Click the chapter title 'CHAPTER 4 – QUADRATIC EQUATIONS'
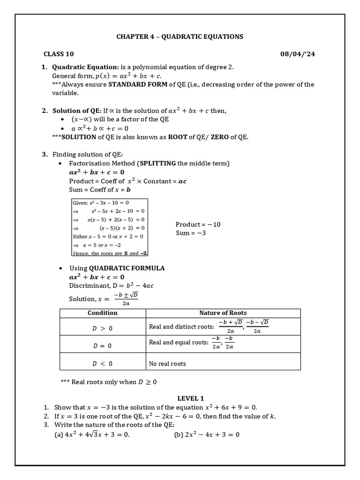pyautogui.click(x=180, y=37)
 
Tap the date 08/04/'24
pyautogui.click(x=298, y=54)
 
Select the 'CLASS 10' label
pyautogui.click(x=59, y=54)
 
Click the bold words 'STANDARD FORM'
pyautogui.click(x=138, y=84)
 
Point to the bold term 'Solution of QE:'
pyautogui.click(x=76, y=111)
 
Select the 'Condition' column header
pyautogui.click(x=103, y=313)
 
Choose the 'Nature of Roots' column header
pyautogui.click(x=223, y=313)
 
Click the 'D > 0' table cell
pyautogui.click(x=102, y=328)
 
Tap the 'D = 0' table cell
pyautogui.click(x=102, y=345)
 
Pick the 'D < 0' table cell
pyautogui.click(x=102, y=363)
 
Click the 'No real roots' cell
pyautogui.click(x=167, y=363)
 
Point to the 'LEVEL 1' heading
pyautogui.click(x=190, y=398)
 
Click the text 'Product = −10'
pyautogui.click(x=198, y=225)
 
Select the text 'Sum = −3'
pyautogui.click(x=191, y=233)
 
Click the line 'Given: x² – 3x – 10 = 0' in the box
pyautogui.click(x=101, y=203)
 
